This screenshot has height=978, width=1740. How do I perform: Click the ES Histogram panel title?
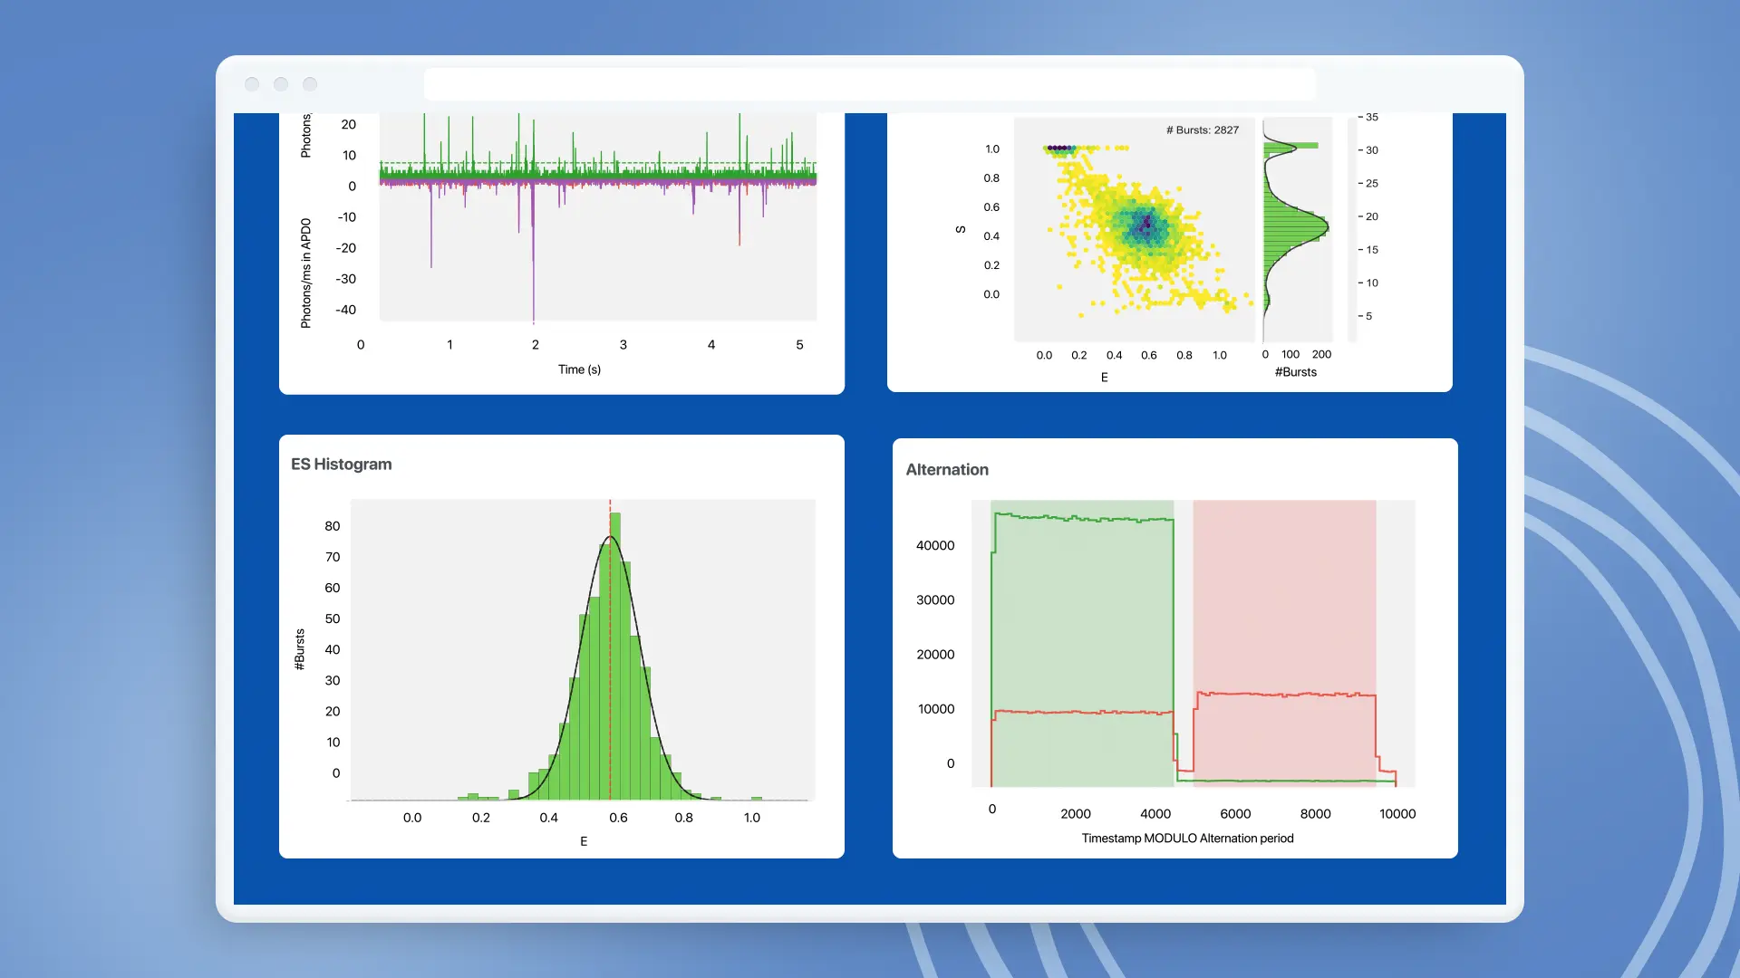pyautogui.click(x=341, y=465)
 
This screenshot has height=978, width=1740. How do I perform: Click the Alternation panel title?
pyautogui.click(x=947, y=470)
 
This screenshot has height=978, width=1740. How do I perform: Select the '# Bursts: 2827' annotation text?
pyautogui.click(x=1202, y=130)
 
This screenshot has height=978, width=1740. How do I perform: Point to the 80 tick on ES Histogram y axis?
pyautogui.click(x=333, y=526)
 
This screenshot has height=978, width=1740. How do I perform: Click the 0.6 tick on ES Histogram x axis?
pyautogui.click(x=618, y=818)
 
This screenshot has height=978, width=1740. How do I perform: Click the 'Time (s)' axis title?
pyautogui.click(x=579, y=369)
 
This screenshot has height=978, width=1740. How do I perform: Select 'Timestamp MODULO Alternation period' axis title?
pyautogui.click(x=1187, y=839)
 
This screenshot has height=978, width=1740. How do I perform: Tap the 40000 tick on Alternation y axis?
pyautogui.click(x=935, y=546)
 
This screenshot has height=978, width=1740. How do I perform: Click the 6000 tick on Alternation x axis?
pyautogui.click(x=1235, y=814)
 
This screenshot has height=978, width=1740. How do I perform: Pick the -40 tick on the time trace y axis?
pyautogui.click(x=345, y=310)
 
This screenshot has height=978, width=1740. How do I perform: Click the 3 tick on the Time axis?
pyautogui.click(x=623, y=345)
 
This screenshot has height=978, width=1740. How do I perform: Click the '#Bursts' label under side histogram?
pyautogui.click(x=1295, y=372)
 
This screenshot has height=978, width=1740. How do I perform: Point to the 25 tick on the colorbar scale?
pyautogui.click(x=1371, y=184)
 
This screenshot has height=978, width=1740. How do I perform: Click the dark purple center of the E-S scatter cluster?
pyautogui.click(x=1147, y=223)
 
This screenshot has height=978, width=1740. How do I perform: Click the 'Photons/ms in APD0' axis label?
pyautogui.click(x=305, y=273)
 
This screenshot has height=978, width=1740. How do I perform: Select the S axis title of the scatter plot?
pyautogui.click(x=961, y=230)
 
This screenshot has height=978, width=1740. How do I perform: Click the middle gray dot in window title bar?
pyautogui.click(x=281, y=84)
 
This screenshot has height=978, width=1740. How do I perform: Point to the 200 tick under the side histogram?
pyautogui.click(x=1321, y=355)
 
